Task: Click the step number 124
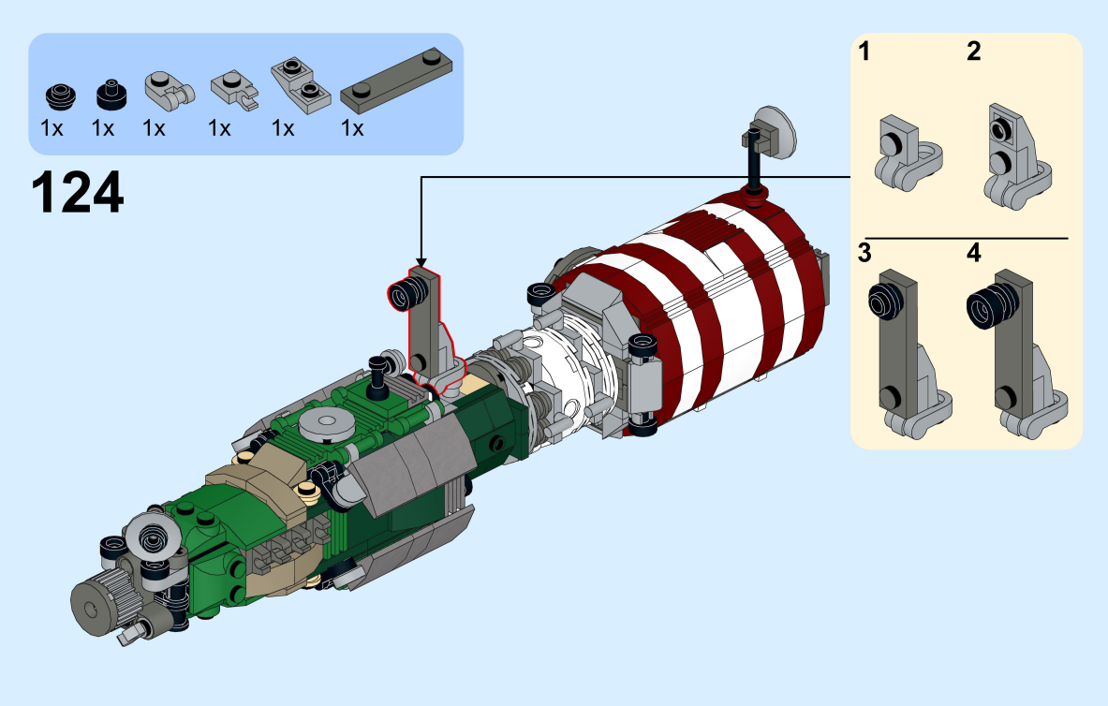[x=78, y=192]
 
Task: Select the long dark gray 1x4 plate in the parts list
[x=396, y=81]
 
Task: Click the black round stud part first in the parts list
[x=61, y=96]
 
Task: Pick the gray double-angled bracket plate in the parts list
[x=301, y=85]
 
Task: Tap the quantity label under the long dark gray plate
[x=352, y=128]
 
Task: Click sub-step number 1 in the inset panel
[x=864, y=51]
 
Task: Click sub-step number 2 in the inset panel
[x=974, y=51]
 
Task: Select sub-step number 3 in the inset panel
[x=864, y=253]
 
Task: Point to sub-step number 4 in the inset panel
[x=974, y=253]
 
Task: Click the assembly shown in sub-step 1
[x=907, y=154]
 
